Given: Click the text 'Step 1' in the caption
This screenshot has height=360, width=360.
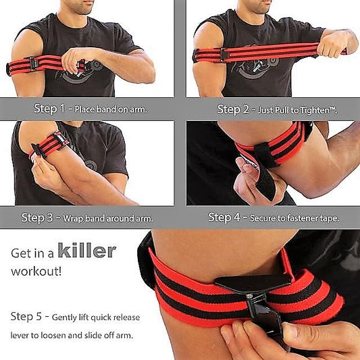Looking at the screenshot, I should coord(49,108).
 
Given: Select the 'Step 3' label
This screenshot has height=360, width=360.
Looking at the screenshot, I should coord(38,217).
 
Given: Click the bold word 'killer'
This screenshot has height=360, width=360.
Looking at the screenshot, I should coord(86,252).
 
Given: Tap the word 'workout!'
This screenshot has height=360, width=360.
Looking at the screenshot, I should coord(36,272).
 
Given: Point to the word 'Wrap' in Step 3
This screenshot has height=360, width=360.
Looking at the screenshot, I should coord(75,218).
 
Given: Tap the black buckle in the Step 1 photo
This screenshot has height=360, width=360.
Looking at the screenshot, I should coord(32,63).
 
